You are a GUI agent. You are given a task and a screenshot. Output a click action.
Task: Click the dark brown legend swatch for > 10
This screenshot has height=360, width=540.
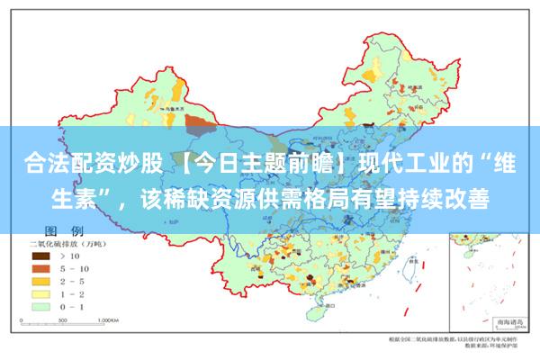point(40,256)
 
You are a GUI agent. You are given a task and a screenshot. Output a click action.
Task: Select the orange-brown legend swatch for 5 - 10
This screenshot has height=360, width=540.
point(40,267)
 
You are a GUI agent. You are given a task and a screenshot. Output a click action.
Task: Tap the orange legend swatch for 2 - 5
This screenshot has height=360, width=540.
point(40,280)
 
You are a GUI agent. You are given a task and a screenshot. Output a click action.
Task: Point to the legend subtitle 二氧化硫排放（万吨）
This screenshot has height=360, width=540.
point(70,244)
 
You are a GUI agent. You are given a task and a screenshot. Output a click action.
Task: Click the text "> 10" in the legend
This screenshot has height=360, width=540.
point(69,256)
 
